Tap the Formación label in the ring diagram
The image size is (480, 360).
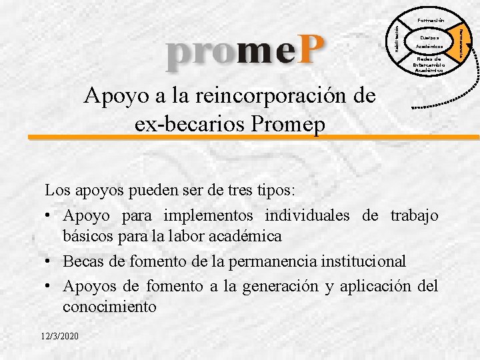coord(431,21)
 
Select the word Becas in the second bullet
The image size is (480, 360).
coord(85,260)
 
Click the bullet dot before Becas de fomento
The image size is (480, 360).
coord(49,261)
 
